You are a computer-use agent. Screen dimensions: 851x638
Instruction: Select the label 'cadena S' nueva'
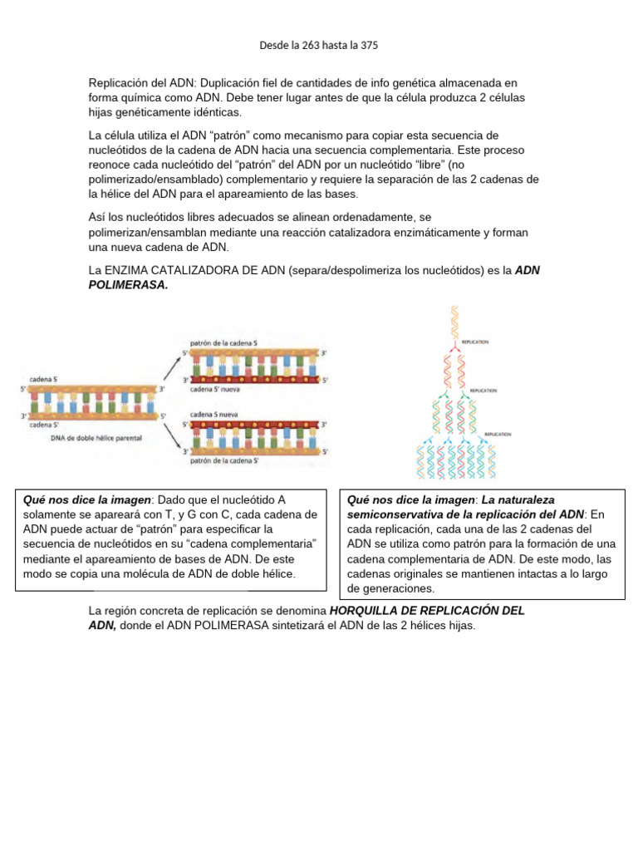(x=215, y=388)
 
